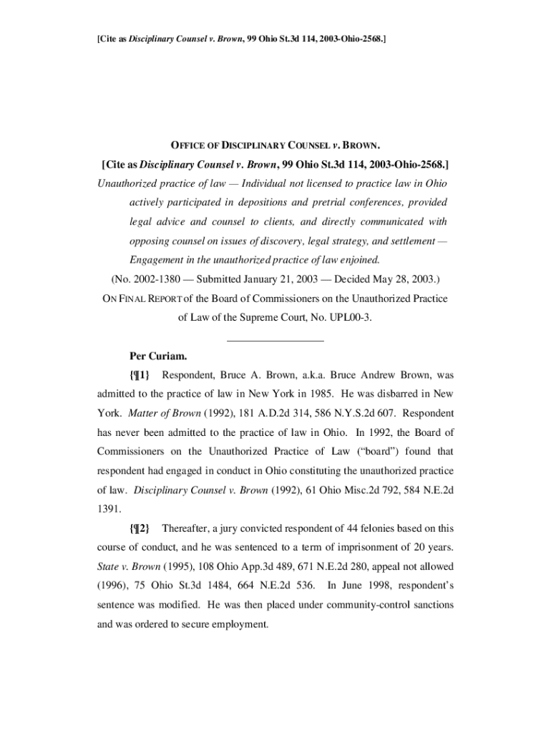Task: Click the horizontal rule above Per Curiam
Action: [275, 340]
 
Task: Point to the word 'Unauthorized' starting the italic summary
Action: [125, 183]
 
